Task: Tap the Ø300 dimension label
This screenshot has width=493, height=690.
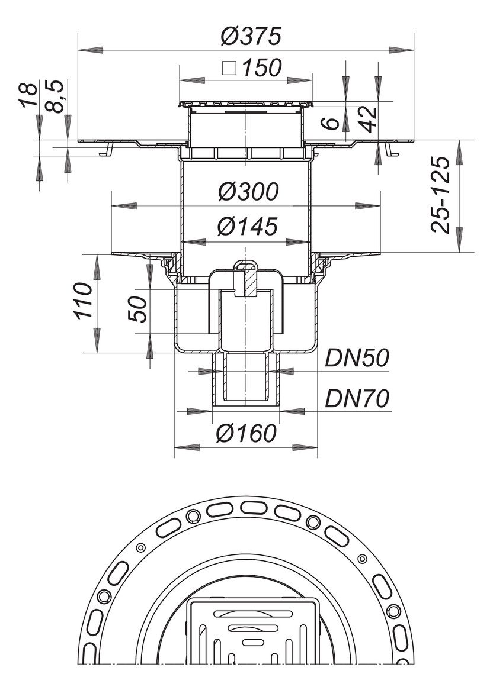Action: [x=247, y=192]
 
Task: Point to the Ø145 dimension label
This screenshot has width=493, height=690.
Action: [x=247, y=226]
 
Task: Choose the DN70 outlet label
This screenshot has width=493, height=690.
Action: [x=357, y=399]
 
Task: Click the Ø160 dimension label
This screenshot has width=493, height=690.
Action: [x=246, y=434]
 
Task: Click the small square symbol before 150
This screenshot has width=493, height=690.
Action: [x=229, y=69]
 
